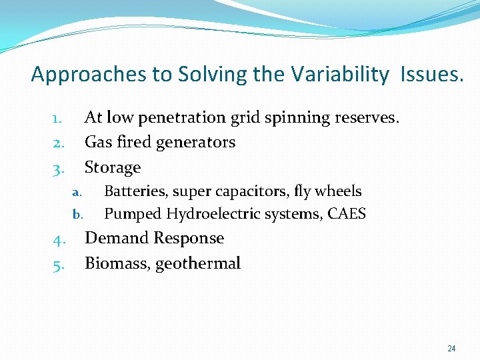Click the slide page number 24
click(451, 349)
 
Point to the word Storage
click(113, 167)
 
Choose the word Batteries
click(136, 191)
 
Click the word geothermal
click(198, 264)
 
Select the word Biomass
click(117, 264)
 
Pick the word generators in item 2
click(197, 143)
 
